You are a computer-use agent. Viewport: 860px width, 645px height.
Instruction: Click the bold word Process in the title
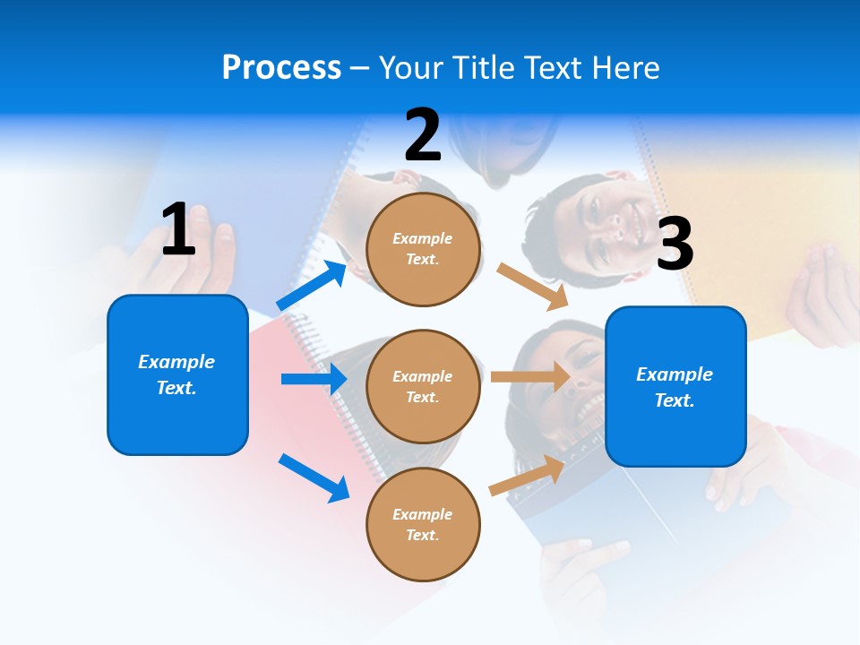coord(281,67)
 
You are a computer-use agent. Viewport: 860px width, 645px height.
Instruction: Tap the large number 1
coord(178,230)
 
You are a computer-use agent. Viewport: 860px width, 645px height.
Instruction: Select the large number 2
coord(423,136)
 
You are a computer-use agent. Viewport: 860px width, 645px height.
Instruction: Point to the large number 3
coord(675,245)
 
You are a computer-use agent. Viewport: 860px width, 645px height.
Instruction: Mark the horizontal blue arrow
coord(314,379)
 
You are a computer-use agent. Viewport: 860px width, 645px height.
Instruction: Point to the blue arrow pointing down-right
coord(314,477)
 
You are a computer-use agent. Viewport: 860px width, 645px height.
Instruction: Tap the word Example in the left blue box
coord(176,362)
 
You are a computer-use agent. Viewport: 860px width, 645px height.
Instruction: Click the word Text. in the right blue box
coord(675,400)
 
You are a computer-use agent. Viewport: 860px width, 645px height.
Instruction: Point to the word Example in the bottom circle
coord(423,514)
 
